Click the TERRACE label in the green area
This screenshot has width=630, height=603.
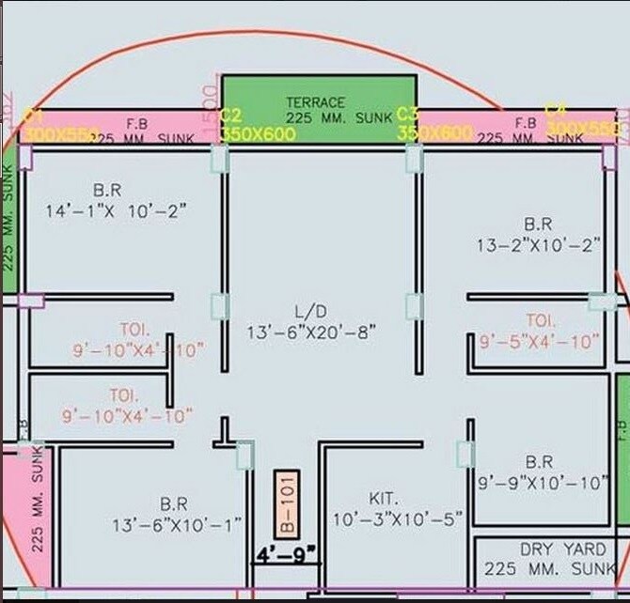click(316, 101)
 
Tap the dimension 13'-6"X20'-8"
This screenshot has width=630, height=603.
click(311, 332)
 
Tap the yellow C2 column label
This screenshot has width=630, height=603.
click(230, 116)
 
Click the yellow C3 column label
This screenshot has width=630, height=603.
click(407, 114)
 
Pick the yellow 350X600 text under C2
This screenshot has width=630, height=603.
click(258, 134)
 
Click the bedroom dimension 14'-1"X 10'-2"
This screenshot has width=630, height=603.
click(116, 211)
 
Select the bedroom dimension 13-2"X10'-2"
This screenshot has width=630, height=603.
click(537, 245)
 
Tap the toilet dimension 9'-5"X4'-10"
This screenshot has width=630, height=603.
click(538, 342)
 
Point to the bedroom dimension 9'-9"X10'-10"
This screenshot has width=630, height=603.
click(543, 483)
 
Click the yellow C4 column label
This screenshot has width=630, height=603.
click(556, 111)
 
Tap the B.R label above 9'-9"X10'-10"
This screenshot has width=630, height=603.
click(539, 462)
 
